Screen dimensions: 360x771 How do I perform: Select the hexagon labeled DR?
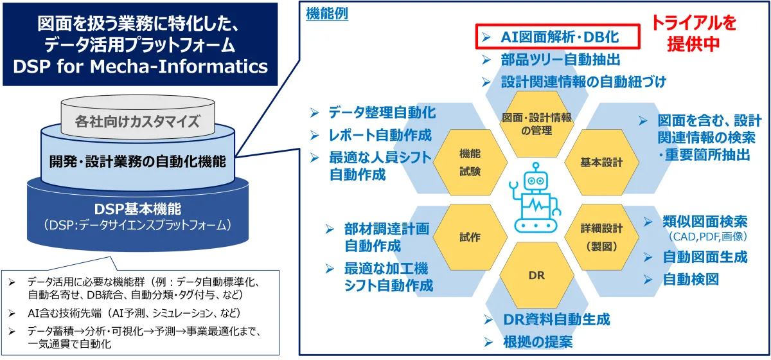536,275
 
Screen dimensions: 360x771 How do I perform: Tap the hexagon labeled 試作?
470,237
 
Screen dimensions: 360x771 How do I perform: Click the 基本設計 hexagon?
601,163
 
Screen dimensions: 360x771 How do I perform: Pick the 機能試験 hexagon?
470,163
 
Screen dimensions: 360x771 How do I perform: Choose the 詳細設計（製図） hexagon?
601,237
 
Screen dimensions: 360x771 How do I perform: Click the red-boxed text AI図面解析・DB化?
558,37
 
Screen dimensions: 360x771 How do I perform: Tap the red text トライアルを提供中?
693,33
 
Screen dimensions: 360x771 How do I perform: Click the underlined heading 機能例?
328,14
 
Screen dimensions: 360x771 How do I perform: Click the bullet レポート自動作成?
380,136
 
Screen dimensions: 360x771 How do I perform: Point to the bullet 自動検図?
690,279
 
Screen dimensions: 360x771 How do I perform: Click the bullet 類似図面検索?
704,222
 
